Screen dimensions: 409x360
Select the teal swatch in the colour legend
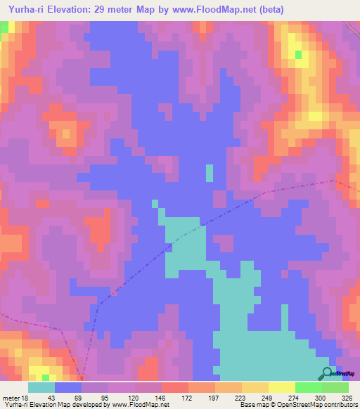(x=41, y=388)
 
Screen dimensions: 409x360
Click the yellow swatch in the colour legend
(x=283, y=388)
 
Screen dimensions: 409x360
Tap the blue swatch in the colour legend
(x=68, y=388)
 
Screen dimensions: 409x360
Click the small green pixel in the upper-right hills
(x=299, y=54)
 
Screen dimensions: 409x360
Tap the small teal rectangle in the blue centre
(x=210, y=173)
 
